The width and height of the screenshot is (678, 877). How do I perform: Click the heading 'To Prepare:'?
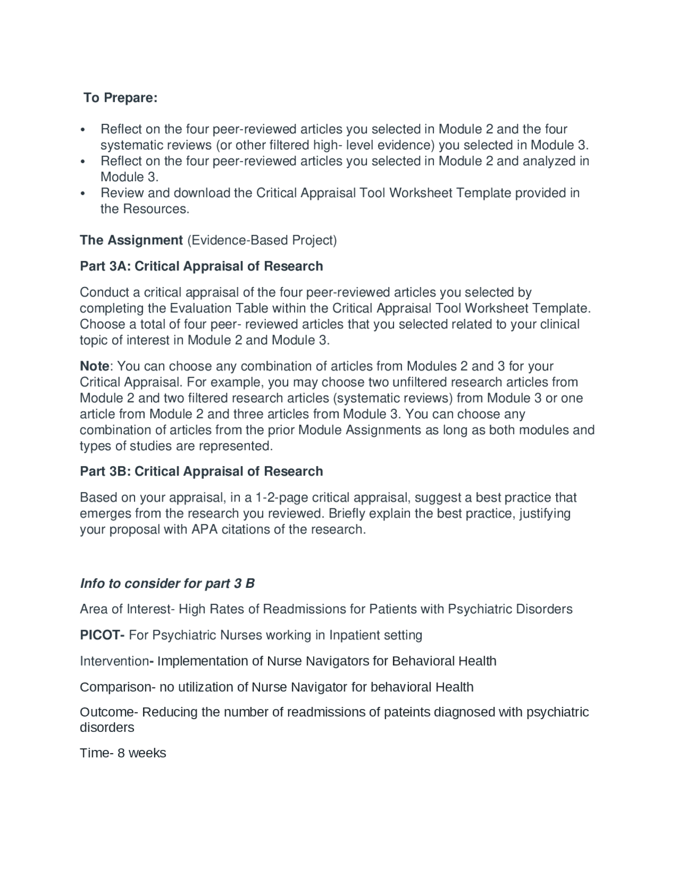[120, 98]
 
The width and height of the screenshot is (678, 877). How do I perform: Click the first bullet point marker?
[82, 130]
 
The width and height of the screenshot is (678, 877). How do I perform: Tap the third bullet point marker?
[82, 193]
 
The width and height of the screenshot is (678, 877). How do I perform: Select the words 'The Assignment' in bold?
[131, 240]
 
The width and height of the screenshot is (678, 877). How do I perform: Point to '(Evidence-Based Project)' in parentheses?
[262, 240]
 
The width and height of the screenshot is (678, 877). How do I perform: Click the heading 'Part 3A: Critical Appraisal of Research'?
[201, 266]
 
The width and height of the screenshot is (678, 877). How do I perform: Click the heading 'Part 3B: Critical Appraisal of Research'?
[201, 471]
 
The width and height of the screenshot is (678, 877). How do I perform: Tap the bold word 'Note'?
[94, 366]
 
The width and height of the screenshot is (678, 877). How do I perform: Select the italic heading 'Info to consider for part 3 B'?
[167, 583]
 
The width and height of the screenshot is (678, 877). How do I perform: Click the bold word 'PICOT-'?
[102, 635]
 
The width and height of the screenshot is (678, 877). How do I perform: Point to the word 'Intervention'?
[113, 661]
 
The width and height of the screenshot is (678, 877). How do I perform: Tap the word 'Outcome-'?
[109, 712]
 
